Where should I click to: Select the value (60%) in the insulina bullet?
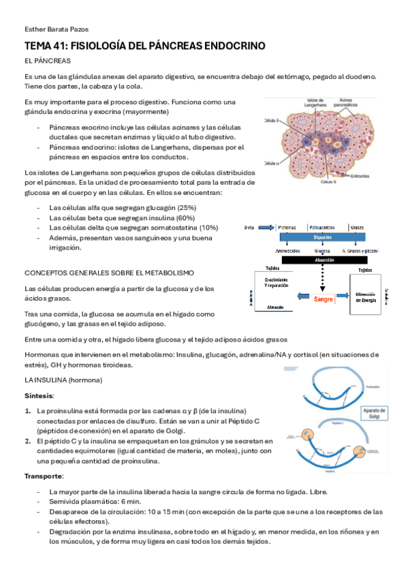point(185,217)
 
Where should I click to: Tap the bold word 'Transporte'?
point(44,476)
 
